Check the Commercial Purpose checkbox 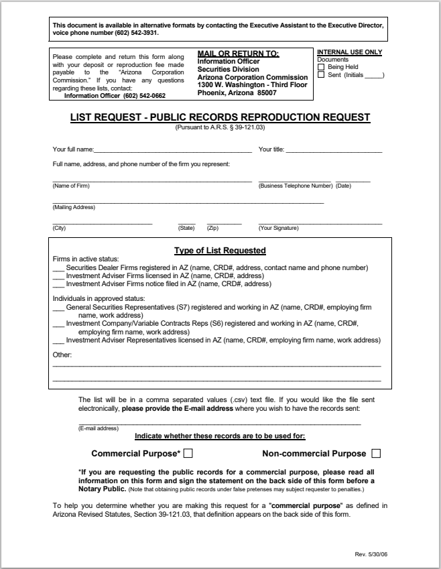point(188,453)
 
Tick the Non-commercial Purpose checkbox point(375,453)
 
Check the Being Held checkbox point(320,67)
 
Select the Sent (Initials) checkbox point(320,74)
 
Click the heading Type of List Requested point(220,251)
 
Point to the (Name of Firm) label point(70,186)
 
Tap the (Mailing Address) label point(74,207)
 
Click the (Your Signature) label point(279,228)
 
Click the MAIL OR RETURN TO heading point(238,54)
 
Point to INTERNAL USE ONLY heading point(349,52)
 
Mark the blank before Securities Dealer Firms point(58,268)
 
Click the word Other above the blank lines point(62,355)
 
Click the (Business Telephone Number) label point(296,186)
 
